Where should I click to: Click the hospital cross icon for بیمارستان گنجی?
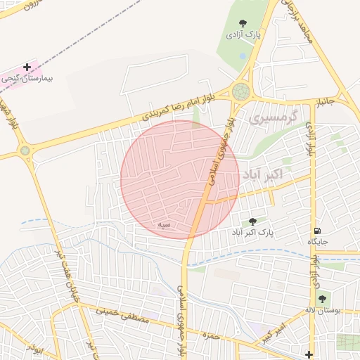coord(27,67)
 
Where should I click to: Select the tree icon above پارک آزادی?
coord(243,24)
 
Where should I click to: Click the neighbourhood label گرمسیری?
coord(274,116)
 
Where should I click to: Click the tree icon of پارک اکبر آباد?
coord(252,221)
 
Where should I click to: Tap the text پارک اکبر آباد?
coord(252,231)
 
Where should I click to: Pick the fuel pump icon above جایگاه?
coord(318,231)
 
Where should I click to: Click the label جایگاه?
coord(318,241)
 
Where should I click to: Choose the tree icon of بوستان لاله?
coord(323,300)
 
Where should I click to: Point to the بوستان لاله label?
coord(323,310)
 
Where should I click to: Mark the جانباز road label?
coord(326,103)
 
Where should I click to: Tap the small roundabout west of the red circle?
coord(26,150)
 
